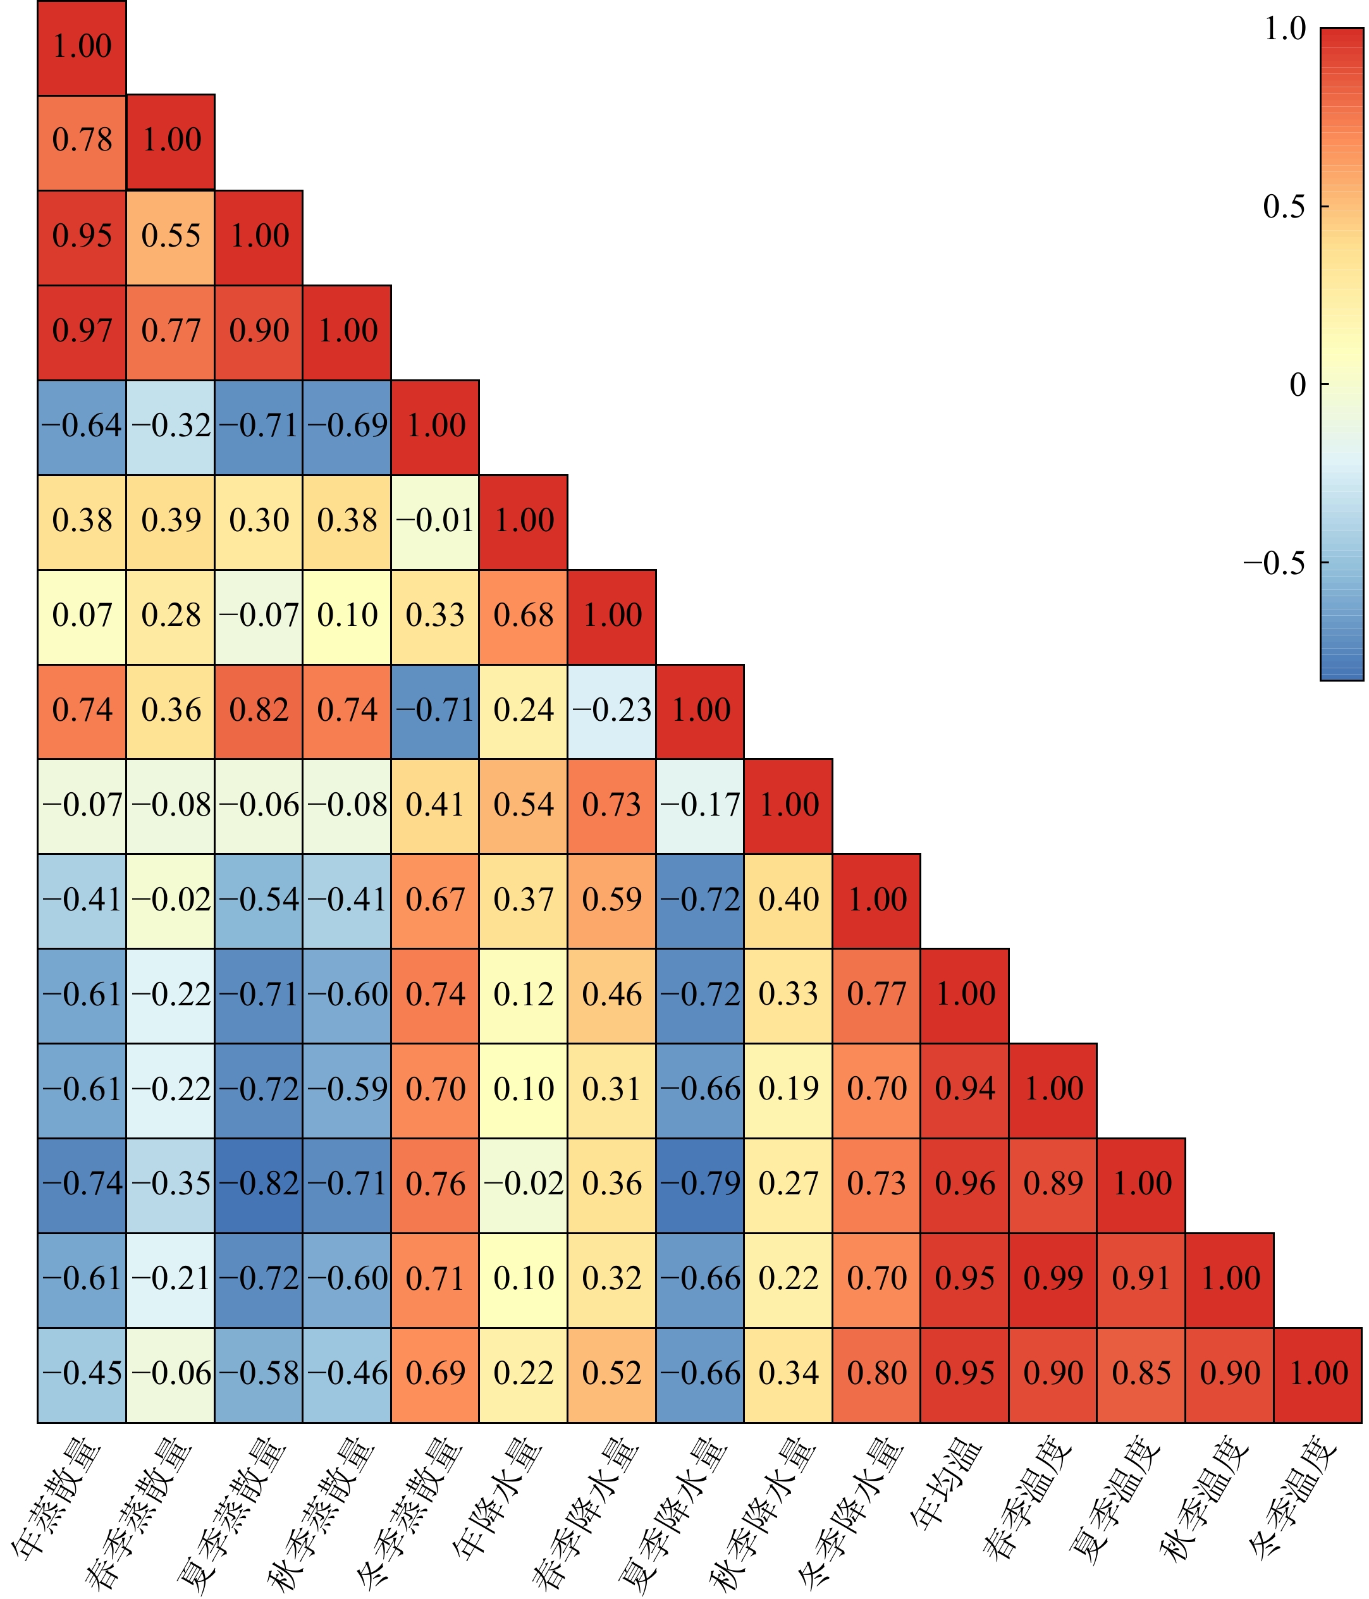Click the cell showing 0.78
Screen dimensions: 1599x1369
point(82,140)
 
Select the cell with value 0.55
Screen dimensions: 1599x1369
point(171,236)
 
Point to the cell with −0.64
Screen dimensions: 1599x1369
point(82,426)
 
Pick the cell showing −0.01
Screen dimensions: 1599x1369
point(435,521)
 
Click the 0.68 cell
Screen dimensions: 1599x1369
point(523,616)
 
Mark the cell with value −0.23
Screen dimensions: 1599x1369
point(612,711)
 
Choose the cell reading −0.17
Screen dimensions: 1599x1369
point(700,806)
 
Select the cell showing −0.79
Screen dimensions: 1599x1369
point(700,1184)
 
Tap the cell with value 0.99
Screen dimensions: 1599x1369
point(1053,1278)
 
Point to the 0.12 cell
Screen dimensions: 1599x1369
point(523,995)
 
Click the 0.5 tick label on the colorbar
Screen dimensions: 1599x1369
point(1284,207)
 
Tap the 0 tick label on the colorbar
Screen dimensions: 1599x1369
point(1298,384)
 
